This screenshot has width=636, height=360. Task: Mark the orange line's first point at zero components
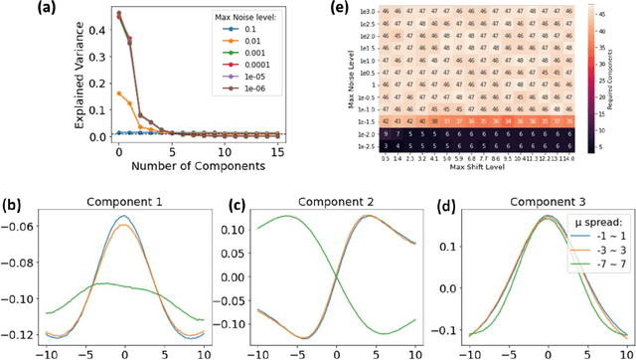[119, 93]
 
